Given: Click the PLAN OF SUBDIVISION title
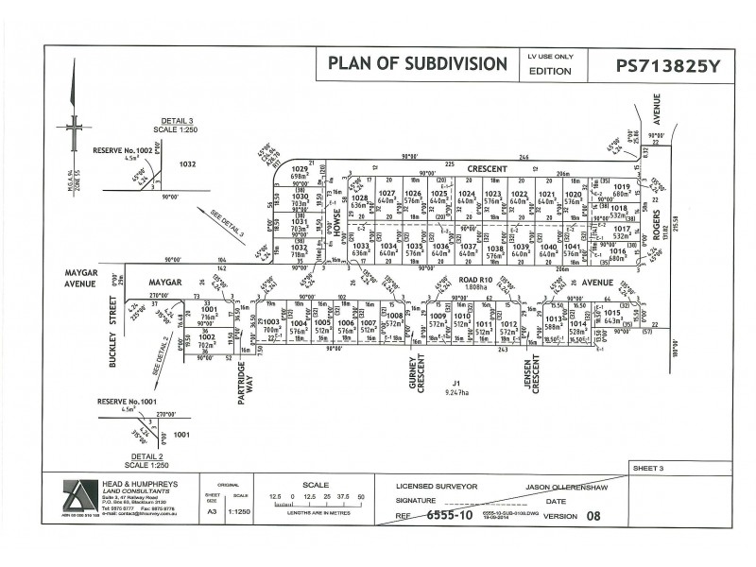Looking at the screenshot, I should pos(417,64).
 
